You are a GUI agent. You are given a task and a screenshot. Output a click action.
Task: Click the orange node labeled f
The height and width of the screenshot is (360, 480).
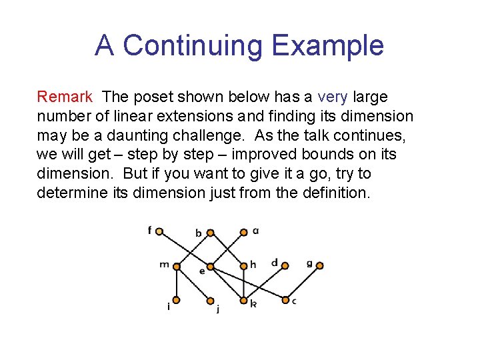159,231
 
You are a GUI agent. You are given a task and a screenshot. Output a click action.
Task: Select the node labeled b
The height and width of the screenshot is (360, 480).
210,233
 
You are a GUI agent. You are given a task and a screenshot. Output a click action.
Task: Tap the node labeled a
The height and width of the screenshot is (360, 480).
244,233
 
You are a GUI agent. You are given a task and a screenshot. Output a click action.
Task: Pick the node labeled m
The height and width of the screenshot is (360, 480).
177,267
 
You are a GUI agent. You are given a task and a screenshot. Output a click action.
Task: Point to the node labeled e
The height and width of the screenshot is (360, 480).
211,268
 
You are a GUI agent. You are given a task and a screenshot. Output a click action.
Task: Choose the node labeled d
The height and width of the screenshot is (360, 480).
285,265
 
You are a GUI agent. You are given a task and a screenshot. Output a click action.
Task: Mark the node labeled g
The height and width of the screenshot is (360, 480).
319,265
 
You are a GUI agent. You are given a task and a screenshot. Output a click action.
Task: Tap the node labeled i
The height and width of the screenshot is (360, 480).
177,300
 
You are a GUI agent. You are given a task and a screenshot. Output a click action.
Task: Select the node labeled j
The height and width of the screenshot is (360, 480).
211,301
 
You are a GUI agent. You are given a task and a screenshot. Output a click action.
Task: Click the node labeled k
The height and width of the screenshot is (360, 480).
245,300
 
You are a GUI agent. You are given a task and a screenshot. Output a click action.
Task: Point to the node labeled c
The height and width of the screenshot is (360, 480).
285,300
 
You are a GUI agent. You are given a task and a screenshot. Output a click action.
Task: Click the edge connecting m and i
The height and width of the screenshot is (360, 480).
177,283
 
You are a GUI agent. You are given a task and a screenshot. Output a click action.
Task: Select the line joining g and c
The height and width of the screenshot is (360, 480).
303,283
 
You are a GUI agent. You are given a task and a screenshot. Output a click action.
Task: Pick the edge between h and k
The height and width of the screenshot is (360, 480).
244,283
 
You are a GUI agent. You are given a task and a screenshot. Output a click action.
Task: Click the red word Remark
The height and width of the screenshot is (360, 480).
65,97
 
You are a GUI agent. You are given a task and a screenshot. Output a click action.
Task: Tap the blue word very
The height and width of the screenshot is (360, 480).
333,97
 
